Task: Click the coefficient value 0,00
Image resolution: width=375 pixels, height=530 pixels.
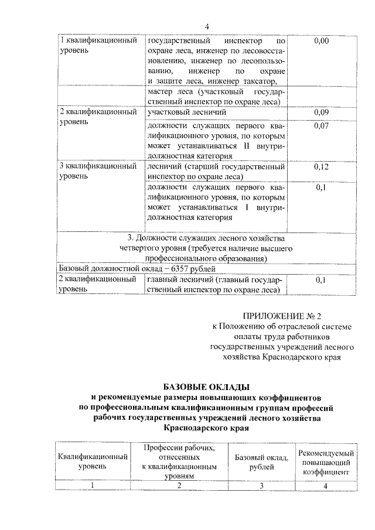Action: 322,41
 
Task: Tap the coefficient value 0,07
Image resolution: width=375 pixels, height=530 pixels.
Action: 321,125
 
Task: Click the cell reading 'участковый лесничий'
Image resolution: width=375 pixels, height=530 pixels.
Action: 186,111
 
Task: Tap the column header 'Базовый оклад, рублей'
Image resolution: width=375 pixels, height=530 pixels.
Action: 262,462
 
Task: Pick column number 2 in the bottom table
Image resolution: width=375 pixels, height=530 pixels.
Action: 179,485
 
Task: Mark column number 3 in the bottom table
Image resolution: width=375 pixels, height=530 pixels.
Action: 262,485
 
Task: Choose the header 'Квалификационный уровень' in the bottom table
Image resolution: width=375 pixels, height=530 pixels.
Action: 92,462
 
